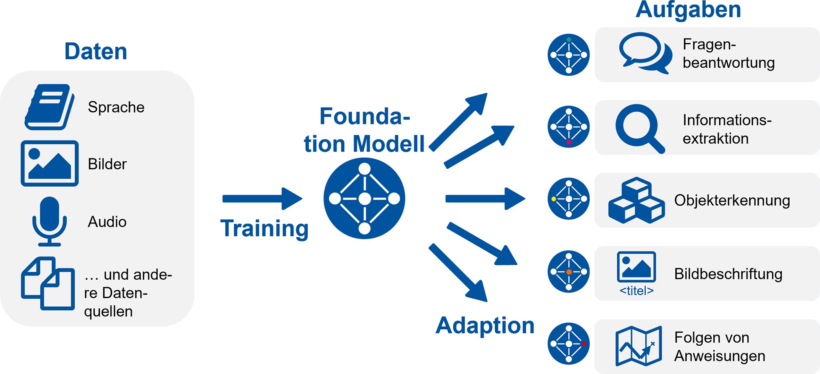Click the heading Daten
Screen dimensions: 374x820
[96, 51]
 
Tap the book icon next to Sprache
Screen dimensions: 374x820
[49, 107]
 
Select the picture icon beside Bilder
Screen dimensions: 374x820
[50, 163]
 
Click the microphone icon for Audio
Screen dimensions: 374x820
[50, 221]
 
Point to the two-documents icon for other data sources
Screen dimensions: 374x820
[48, 283]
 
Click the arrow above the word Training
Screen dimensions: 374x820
[262, 199]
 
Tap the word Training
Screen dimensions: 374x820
[264, 229]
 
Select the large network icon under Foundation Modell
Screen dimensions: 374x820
[364, 198]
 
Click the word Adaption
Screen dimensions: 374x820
[485, 326]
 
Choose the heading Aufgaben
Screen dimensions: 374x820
[688, 10]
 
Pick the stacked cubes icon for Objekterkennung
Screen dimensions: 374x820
[636, 200]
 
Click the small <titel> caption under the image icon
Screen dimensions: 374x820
[636, 291]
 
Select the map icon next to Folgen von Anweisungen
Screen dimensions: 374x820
[638, 346]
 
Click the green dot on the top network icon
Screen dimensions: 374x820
[569, 40]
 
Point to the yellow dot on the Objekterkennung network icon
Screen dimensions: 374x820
[554, 199]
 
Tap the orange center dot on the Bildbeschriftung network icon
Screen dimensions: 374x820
[569, 272]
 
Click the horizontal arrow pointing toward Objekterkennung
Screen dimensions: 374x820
[485, 199]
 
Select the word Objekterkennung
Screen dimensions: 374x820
[732, 201]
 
